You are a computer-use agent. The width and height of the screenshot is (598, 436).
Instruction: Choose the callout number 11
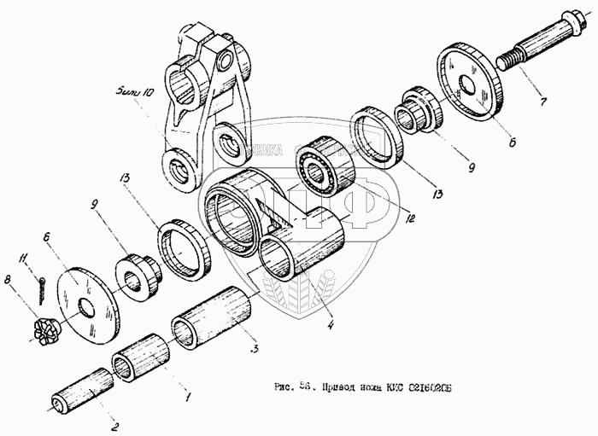click(26, 257)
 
